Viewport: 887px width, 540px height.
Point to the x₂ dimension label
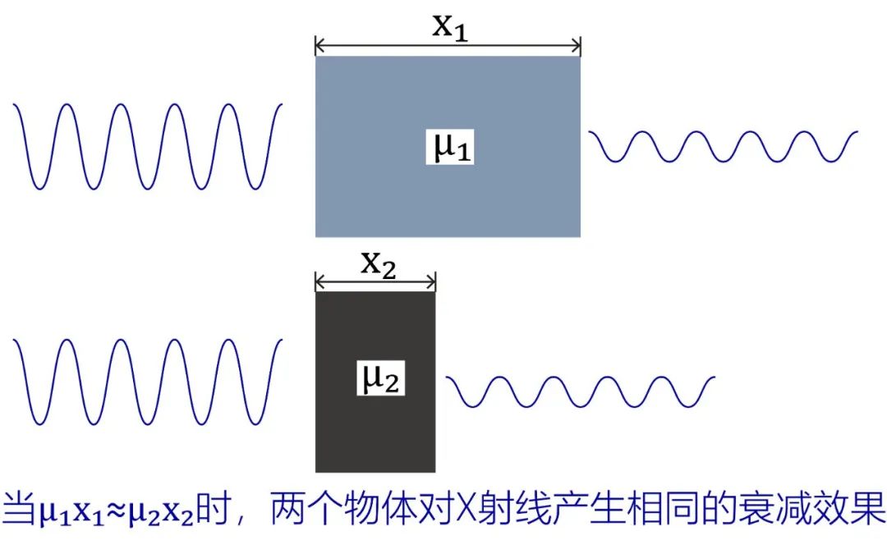click(x=378, y=264)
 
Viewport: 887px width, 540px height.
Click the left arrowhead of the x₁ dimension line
click(x=319, y=46)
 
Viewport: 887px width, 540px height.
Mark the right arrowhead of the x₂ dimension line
click(x=431, y=283)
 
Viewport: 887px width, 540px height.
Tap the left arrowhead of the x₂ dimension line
click(x=319, y=283)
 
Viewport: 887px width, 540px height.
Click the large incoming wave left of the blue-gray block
click(x=148, y=146)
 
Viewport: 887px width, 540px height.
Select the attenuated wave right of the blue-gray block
click(x=723, y=146)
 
